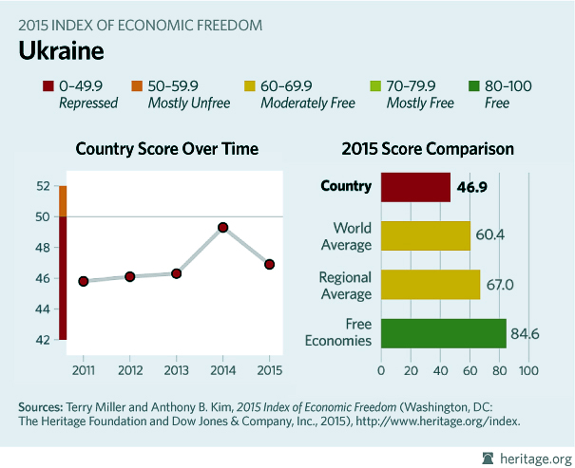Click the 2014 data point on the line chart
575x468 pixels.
click(x=222, y=227)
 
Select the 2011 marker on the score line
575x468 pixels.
click(x=84, y=281)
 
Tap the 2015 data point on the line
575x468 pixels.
click(x=269, y=264)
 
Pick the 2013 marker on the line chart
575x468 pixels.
click(x=177, y=273)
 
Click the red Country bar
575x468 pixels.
click(x=415, y=187)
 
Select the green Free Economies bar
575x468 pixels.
click(x=443, y=332)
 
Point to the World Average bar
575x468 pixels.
click(x=425, y=235)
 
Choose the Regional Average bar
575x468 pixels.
click(x=430, y=284)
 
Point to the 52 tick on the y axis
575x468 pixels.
click(x=43, y=186)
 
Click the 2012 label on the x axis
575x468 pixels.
click(x=130, y=368)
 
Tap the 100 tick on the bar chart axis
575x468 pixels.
click(x=527, y=368)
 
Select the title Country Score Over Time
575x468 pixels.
click(x=166, y=149)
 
